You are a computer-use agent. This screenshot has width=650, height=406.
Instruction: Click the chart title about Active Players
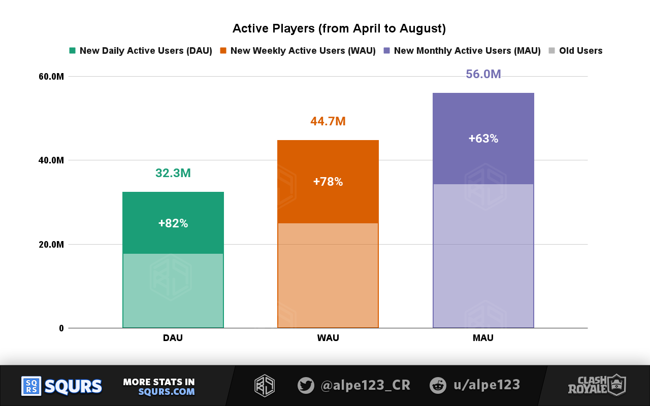point(339,28)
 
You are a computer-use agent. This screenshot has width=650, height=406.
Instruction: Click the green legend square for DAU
point(72,51)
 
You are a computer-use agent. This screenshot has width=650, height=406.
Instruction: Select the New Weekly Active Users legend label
point(303,51)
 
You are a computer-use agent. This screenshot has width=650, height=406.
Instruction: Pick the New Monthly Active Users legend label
point(467,51)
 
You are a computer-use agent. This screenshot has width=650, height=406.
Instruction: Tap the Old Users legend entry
point(580,51)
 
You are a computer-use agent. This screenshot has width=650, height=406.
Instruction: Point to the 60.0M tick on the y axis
point(51,77)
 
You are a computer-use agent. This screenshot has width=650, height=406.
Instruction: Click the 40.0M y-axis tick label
point(51,160)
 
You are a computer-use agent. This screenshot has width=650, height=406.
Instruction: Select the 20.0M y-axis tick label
point(51,245)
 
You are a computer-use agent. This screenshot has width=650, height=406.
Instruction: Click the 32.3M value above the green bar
point(173,173)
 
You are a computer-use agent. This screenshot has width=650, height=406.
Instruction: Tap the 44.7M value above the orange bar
point(328,121)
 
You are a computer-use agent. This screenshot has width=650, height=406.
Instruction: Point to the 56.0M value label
point(483,75)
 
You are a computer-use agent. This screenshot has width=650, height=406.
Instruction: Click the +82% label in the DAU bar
point(173,223)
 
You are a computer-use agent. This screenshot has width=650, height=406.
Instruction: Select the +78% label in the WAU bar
point(328,182)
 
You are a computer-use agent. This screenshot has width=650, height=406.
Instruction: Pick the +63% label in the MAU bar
point(483,139)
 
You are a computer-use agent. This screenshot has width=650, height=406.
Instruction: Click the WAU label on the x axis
point(328,338)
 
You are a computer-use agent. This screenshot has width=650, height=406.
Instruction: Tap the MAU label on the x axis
point(483,338)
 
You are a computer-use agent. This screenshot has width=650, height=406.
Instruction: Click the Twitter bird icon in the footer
point(306,385)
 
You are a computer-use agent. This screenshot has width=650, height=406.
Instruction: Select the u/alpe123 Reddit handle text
point(486,385)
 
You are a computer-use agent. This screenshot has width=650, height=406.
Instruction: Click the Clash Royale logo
point(597,385)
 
